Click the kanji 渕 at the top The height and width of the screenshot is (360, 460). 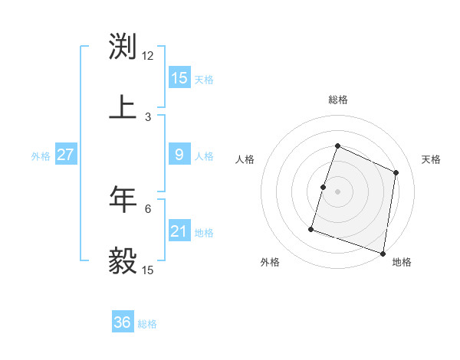pyautogui.click(x=123, y=46)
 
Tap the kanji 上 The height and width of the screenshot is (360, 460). pyautogui.click(x=123, y=107)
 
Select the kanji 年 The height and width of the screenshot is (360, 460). pyautogui.click(x=123, y=199)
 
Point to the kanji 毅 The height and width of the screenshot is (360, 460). pyautogui.click(x=123, y=260)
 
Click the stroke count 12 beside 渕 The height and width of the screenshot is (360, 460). pyautogui.click(x=148, y=56)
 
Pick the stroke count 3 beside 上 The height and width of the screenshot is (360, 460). pyautogui.click(x=148, y=117)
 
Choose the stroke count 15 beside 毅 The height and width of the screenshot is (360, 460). pyautogui.click(x=148, y=270)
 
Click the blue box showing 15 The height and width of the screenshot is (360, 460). pyautogui.click(x=179, y=78)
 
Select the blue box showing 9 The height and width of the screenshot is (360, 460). pyautogui.click(x=179, y=155)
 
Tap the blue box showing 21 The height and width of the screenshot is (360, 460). pyautogui.click(x=179, y=231)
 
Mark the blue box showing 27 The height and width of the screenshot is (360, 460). pyautogui.click(x=65, y=155)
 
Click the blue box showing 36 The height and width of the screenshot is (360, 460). pyautogui.click(x=123, y=322)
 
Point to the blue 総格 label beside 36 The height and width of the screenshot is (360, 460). pyautogui.click(x=147, y=324)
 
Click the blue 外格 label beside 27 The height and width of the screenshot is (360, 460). pyautogui.click(x=41, y=156)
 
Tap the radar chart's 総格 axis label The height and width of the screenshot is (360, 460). pyautogui.click(x=338, y=100)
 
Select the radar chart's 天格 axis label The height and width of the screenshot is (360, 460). pyautogui.click(x=432, y=159)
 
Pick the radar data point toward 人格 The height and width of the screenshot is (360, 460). pyautogui.click(x=324, y=187)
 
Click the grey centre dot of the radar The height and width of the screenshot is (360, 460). pyautogui.click(x=338, y=191)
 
